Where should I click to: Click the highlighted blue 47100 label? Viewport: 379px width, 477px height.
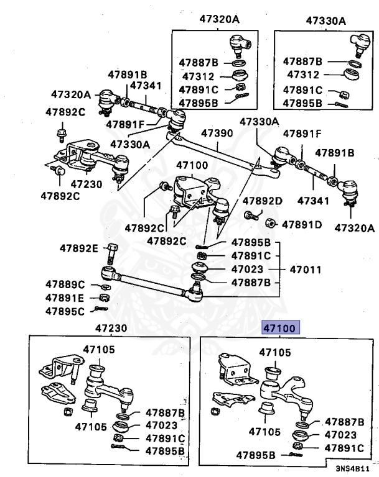coord(280,327)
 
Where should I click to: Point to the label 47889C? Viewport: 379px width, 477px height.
coord(65,284)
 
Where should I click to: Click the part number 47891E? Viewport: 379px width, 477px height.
coord(65,298)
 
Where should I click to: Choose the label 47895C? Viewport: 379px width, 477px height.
coord(65,311)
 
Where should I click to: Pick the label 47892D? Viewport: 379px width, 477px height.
coord(263,201)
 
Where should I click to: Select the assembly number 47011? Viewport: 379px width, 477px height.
coord(304,270)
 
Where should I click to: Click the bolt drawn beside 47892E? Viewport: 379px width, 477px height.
coord(111,252)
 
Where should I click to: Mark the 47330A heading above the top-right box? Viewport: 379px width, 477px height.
coord(326,20)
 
